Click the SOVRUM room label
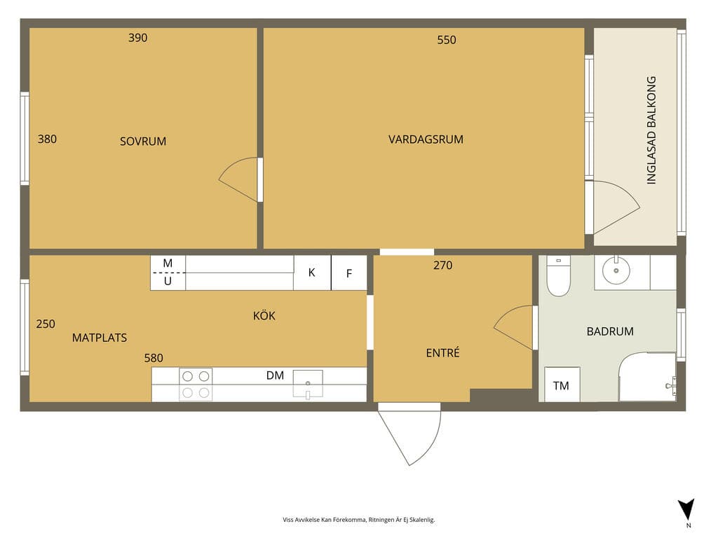click(x=143, y=142)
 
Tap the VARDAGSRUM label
click(x=426, y=139)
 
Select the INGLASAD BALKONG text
click(x=651, y=130)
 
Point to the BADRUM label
click(x=610, y=331)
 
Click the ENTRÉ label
click(x=443, y=353)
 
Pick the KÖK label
click(x=264, y=316)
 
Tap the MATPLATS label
click(x=100, y=338)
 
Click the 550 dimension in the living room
click(x=447, y=40)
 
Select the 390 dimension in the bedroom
click(x=138, y=38)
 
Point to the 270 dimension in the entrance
click(x=443, y=265)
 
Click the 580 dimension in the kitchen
click(x=154, y=358)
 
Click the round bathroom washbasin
click(x=616, y=271)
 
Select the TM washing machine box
click(x=562, y=385)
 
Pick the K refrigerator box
click(x=312, y=273)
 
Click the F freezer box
click(x=349, y=273)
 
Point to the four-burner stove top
click(x=196, y=385)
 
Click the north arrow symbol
click(x=686, y=509)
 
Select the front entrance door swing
click(x=409, y=434)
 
